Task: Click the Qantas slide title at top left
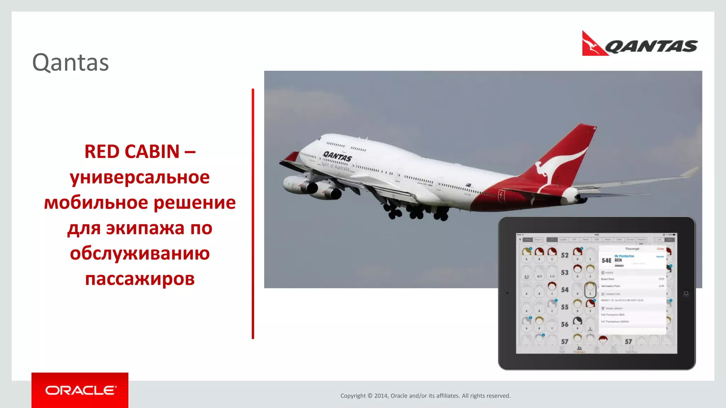[x=71, y=63]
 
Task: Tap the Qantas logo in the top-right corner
[x=640, y=44]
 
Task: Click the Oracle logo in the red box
[x=80, y=390]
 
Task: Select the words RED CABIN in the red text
[x=132, y=152]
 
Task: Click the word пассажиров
[x=140, y=279]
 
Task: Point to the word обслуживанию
[x=140, y=253]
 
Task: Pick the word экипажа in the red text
[x=145, y=228]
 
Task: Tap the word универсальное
[x=140, y=177]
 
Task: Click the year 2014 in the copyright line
[x=381, y=396]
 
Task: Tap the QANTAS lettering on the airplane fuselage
[x=337, y=156]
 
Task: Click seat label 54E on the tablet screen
[x=606, y=261]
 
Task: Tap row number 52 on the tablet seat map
[x=565, y=255]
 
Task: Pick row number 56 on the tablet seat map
[x=565, y=324]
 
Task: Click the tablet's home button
[x=686, y=293]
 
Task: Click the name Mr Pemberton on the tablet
[x=624, y=256]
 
